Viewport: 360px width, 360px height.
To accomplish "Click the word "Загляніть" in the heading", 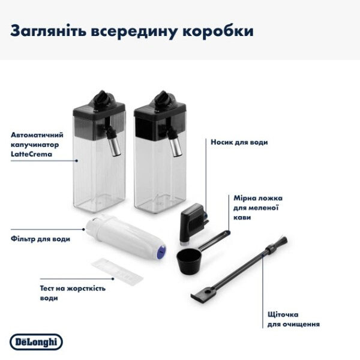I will coord(47,31).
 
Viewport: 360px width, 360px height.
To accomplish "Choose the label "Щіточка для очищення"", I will coord(293,319).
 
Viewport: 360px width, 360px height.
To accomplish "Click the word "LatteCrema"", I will coord(30,154).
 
